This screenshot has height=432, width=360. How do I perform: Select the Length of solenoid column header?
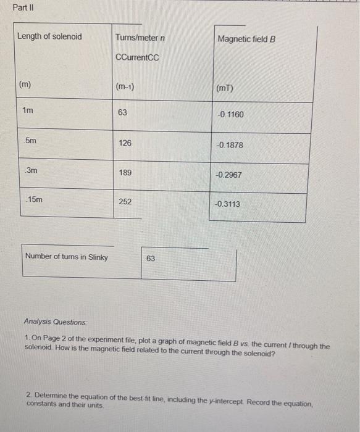[x=49, y=36]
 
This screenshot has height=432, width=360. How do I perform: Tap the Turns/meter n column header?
[x=140, y=38]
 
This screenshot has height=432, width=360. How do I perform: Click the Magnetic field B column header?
[x=246, y=39]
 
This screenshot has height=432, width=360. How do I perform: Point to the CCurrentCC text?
[x=137, y=58]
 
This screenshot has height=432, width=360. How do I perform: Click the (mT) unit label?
[x=225, y=88]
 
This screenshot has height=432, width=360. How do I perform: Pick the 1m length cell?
[x=28, y=110]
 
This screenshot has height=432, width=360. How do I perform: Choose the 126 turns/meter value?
[x=125, y=143]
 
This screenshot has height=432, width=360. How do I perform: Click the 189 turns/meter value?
[x=125, y=172]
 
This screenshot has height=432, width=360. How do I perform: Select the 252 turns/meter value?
[x=125, y=202]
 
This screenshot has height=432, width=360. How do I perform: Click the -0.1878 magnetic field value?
[x=230, y=145]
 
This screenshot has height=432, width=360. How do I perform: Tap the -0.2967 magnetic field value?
[x=228, y=175]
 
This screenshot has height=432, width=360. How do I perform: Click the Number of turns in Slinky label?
[x=67, y=257]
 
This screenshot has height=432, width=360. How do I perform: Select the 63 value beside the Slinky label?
[x=151, y=259]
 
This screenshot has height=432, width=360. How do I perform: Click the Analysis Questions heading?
[x=55, y=322]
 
